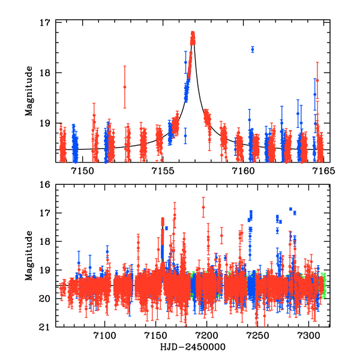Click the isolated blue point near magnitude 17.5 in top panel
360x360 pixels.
[x=253, y=49]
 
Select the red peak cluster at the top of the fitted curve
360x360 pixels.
[x=193, y=37]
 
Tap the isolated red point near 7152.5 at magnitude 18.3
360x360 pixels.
[x=124, y=87]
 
